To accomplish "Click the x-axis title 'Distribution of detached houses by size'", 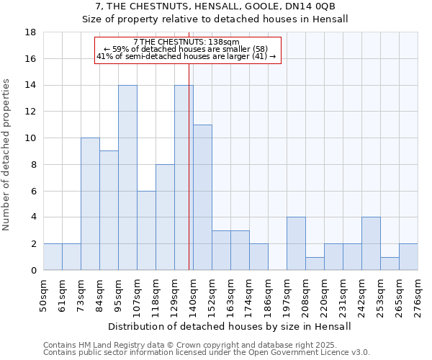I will [229, 326].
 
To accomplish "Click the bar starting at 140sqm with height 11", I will [202, 197].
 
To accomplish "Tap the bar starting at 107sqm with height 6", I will [146, 230].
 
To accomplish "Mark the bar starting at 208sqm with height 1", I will [315, 264].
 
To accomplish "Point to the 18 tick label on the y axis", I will [30, 32].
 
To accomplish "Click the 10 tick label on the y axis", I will [30, 138].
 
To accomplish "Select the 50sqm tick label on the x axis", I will [43, 296].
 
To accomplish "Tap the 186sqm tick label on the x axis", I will [268, 296].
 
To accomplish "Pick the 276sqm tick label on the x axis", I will [418, 296].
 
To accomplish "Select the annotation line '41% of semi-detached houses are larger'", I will [186, 56].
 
